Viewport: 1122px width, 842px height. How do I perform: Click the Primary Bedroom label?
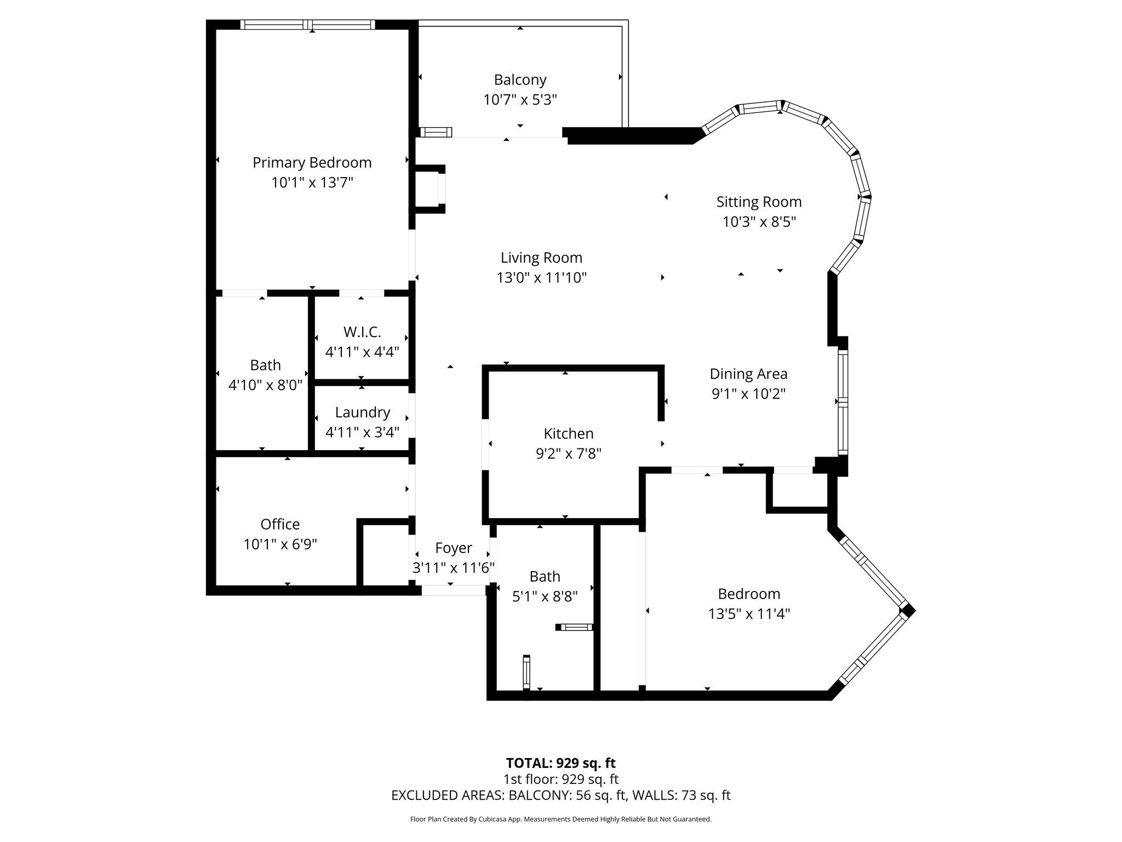pyautogui.click(x=312, y=163)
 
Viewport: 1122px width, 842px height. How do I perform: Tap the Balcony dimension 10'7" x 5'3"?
pyautogui.click(x=520, y=100)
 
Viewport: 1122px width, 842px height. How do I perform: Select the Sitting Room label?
pyautogui.click(x=759, y=202)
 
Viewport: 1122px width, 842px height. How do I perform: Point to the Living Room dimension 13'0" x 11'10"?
pyautogui.click(x=541, y=278)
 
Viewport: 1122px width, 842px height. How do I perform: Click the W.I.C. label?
pyautogui.click(x=362, y=332)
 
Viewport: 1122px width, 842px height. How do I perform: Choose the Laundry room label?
pyautogui.click(x=362, y=412)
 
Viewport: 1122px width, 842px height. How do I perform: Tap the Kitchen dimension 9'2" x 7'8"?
pyautogui.click(x=568, y=454)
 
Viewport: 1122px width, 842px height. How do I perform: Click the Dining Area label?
pyautogui.click(x=748, y=374)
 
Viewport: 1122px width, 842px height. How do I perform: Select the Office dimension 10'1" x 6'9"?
pyautogui.click(x=280, y=544)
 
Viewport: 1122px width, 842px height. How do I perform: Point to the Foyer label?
pyautogui.click(x=453, y=548)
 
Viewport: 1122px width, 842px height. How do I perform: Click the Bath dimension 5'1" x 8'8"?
pyautogui.click(x=545, y=596)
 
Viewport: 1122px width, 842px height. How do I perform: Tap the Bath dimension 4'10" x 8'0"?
pyautogui.click(x=265, y=385)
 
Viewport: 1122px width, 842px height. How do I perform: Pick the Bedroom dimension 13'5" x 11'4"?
pyautogui.click(x=748, y=613)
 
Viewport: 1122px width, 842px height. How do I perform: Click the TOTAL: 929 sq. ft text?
pyautogui.click(x=560, y=763)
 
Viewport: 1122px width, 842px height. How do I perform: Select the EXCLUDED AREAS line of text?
pyautogui.click(x=560, y=795)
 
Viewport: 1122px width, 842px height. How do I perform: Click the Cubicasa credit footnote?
pyautogui.click(x=560, y=820)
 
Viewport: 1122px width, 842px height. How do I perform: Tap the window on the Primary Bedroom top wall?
pyautogui.click(x=308, y=24)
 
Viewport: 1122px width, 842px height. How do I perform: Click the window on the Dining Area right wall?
pyautogui.click(x=843, y=402)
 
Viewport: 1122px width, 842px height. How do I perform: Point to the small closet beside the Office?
pyautogui.click(x=386, y=556)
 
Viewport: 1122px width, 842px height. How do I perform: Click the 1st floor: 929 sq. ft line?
pyautogui.click(x=560, y=779)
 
